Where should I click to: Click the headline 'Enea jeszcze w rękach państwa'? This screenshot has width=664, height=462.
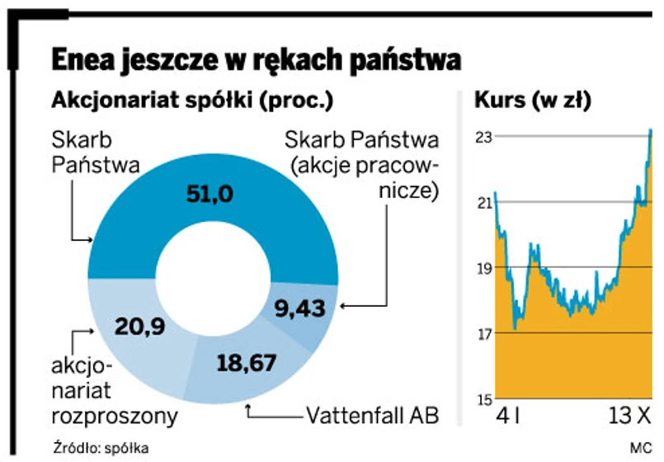(255, 59)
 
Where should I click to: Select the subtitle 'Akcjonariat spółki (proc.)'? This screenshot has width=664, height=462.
(192, 101)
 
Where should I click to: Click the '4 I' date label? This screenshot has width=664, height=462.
(506, 415)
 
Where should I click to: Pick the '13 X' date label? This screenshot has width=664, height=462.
(629, 415)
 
